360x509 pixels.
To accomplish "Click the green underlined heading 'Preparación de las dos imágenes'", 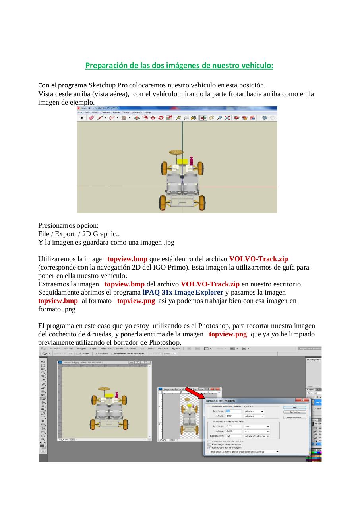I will (x=179, y=65).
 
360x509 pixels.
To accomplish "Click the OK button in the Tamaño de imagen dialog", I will (x=294, y=408).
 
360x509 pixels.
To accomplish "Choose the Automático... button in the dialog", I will (x=294, y=418).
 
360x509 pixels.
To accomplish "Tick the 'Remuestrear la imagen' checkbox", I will (x=210, y=447).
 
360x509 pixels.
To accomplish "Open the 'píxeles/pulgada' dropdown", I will (x=257, y=436).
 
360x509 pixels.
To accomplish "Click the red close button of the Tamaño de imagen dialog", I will (x=302, y=400).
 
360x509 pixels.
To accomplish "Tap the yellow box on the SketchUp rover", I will (x=182, y=161).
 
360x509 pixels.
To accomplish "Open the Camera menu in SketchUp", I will (x=105, y=113).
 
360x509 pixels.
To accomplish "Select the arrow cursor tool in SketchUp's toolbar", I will (x=82, y=118).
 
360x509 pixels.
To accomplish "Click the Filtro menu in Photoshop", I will (x=119, y=348).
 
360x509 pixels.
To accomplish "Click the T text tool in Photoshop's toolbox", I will (x=43, y=417).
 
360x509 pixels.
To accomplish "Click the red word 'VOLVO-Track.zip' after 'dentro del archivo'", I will (x=259, y=259).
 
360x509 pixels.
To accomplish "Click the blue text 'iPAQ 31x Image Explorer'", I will (x=183, y=292).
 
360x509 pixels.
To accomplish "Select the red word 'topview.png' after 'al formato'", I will (x=136, y=301).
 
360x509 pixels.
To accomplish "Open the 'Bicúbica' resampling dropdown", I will (x=243, y=452).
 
